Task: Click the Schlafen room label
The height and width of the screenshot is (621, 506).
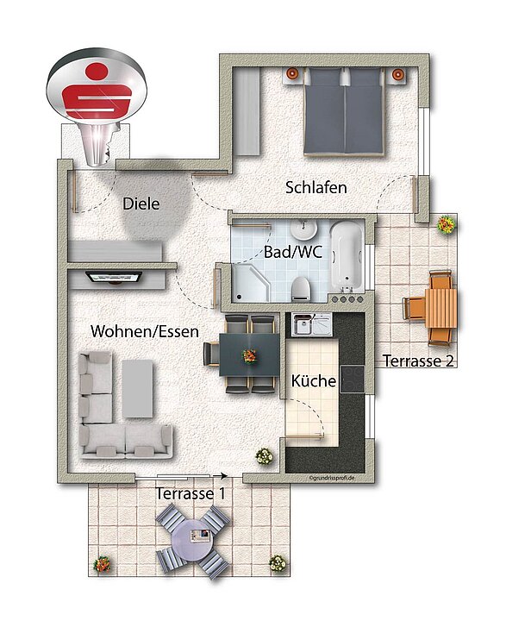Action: tap(316, 187)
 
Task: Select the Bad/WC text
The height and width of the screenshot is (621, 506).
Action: tap(292, 253)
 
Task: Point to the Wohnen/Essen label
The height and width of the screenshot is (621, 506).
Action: tap(145, 331)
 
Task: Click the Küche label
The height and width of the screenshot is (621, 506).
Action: tap(313, 380)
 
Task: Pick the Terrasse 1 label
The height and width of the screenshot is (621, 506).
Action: tap(191, 494)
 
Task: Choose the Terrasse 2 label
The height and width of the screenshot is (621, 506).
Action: tap(418, 361)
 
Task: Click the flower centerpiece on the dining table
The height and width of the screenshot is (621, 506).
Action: tap(250, 354)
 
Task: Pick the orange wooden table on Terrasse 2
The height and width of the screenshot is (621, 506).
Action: tap(440, 306)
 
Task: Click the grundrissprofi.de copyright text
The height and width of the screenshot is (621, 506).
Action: tap(334, 478)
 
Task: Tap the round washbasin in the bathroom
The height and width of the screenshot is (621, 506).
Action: tap(304, 230)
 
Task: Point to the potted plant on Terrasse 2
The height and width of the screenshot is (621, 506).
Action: tap(446, 225)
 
